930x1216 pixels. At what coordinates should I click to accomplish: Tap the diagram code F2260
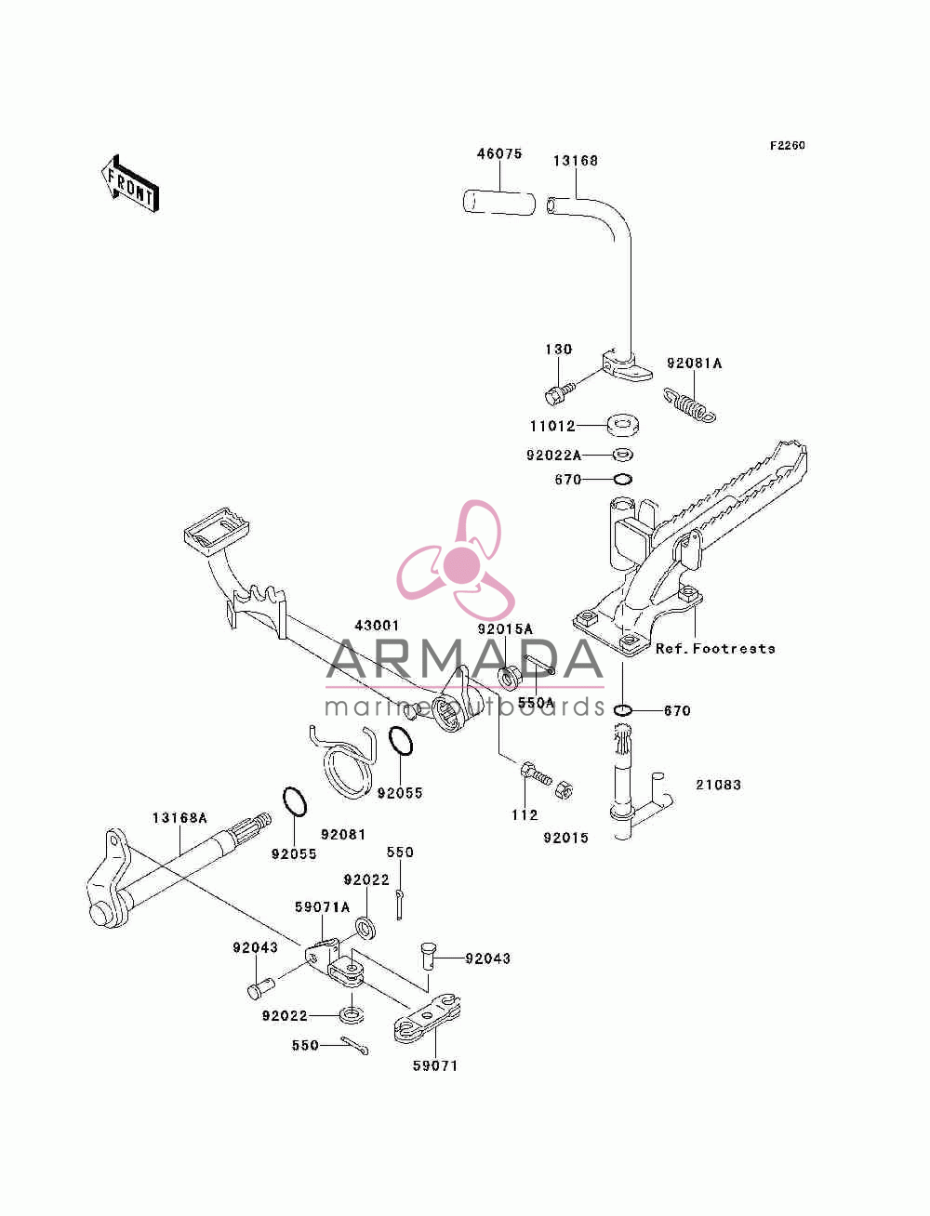[x=787, y=146]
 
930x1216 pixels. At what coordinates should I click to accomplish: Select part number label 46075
[x=499, y=153]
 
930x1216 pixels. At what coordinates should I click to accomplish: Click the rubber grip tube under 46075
[x=498, y=203]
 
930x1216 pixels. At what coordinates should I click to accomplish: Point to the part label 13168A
[x=179, y=818]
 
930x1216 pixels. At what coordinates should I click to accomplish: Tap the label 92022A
[x=553, y=456]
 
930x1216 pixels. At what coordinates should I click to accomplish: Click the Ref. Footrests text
[x=715, y=649]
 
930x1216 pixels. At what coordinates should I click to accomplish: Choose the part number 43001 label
[x=377, y=626]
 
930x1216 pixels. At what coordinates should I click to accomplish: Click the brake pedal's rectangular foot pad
[x=216, y=532]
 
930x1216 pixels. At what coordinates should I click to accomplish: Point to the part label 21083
[x=718, y=785]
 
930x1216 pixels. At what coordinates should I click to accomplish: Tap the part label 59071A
[x=322, y=906]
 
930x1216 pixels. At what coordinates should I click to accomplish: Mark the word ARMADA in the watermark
[x=464, y=660]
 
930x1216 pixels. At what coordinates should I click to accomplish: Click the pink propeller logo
[x=456, y=560]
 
